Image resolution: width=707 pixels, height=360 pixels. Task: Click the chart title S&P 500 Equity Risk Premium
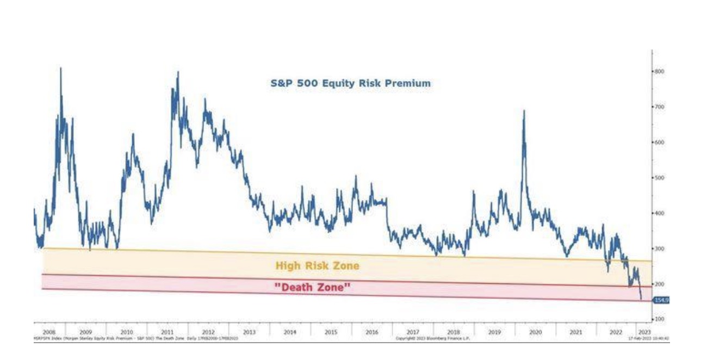pyautogui.click(x=351, y=83)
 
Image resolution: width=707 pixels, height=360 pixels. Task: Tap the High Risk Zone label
pyautogui.click(x=317, y=266)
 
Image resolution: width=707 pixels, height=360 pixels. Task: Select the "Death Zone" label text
pyautogui.click(x=311, y=288)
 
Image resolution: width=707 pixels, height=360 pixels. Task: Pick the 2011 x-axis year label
pyautogui.click(x=168, y=331)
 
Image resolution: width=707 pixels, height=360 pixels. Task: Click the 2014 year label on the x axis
pyautogui.click(x=290, y=331)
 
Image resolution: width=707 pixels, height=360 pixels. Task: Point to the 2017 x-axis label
pyautogui.click(x=412, y=331)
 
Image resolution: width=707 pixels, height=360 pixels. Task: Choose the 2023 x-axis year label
pyautogui.click(x=643, y=331)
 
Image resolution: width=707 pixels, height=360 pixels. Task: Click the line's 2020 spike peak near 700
pyautogui.click(x=524, y=111)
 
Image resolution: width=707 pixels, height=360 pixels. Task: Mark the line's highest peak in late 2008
pyautogui.click(x=60, y=68)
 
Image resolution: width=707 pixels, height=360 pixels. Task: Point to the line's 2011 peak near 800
pyautogui.click(x=178, y=72)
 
